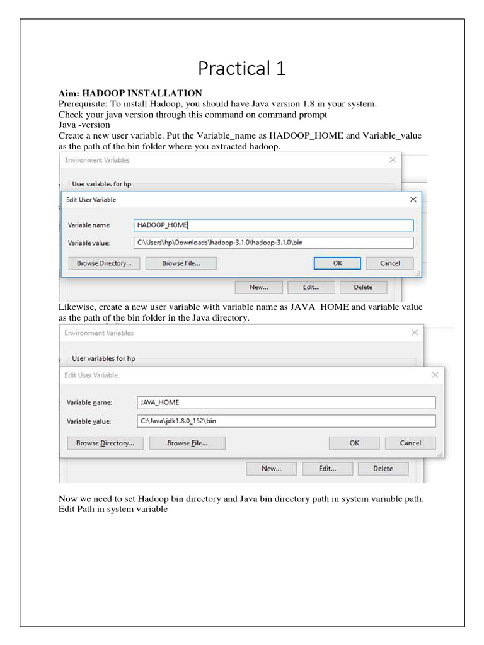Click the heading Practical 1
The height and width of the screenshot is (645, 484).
point(242,68)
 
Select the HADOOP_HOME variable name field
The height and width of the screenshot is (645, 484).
point(274,225)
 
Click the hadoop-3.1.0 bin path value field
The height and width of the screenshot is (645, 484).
point(274,243)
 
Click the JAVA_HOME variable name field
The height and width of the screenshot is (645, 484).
point(285,403)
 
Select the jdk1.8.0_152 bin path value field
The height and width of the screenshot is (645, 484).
point(285,421)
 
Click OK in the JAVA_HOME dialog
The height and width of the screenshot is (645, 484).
point(355,443)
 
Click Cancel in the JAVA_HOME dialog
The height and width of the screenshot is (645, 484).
point(410,443)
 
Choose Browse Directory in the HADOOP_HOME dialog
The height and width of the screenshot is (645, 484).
point(104,263)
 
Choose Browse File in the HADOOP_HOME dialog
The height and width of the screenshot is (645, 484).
point(181,263)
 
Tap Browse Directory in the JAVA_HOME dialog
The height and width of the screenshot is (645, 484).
point(105,443)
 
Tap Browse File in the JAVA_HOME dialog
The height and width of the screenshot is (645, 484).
point(187,443)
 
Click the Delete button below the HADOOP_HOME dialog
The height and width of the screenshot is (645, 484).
point(363,287)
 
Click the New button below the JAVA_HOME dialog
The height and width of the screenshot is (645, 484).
point(272,469)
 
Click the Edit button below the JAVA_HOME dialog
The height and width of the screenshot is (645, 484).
point(328,469)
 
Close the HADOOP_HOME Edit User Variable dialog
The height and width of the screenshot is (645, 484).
point(413,200)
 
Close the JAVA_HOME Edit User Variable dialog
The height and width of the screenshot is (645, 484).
point(435,375)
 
